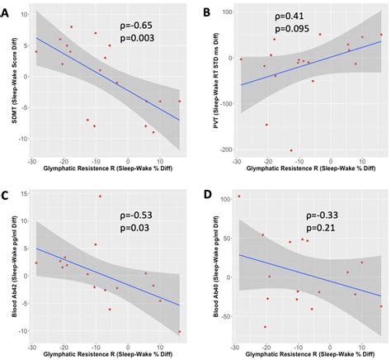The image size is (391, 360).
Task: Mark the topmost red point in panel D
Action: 239,197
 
